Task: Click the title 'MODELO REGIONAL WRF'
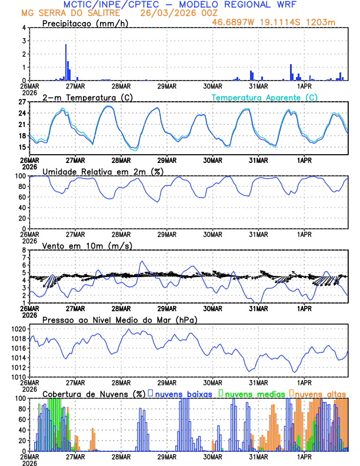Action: coord(242,4)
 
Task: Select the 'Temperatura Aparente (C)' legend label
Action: coord(264,97)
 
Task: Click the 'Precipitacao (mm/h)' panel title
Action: coord(85,23)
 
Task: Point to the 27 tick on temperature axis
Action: coord(22,102)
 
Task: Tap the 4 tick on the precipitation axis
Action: coord(24,28)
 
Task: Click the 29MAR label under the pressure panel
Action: coord(167,382)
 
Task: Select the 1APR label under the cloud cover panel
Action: coord(304,456)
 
